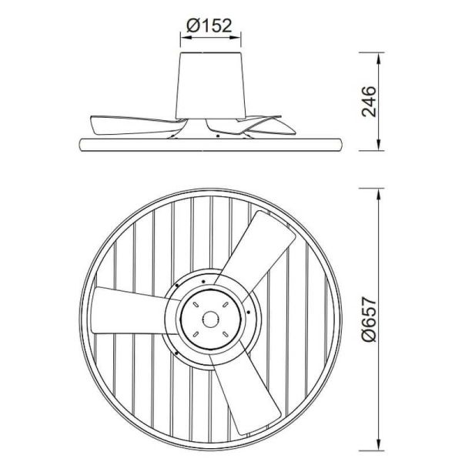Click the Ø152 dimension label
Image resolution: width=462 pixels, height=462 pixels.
tap(211, 25)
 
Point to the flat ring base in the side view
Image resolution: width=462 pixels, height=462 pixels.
tap(212, 143)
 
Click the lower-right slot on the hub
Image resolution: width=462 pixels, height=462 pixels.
tap(226, 333)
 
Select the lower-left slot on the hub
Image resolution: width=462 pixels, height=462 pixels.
tap(198, 333)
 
